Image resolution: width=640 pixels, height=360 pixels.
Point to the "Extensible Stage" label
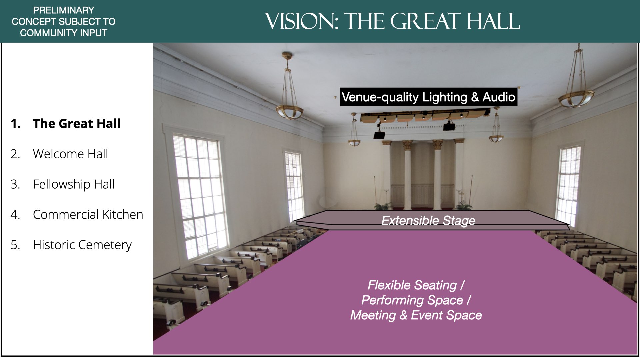pyautogui.click(x=428, y=221)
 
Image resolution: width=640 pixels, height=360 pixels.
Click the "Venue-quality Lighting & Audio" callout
pyautogui.click(x=428, y=97)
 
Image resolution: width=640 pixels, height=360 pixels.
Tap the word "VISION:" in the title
pyautogui.click(x=302, y=21)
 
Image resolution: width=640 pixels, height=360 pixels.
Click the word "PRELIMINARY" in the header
pyautogui.click(x=64, y=10)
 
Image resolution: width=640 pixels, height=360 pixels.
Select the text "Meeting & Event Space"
pyautogui.click(x=416, y=315)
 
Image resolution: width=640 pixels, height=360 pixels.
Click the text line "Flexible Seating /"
pyautogui.click(x=416, y=285)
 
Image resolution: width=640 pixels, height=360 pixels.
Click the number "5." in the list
pyautogui.click(x=15, y=245)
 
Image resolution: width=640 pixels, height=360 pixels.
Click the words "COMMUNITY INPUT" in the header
pyautogui.click(x=64, y=33)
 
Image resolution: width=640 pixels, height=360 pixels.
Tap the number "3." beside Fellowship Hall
pyautogui.click(x=15, y=184)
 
